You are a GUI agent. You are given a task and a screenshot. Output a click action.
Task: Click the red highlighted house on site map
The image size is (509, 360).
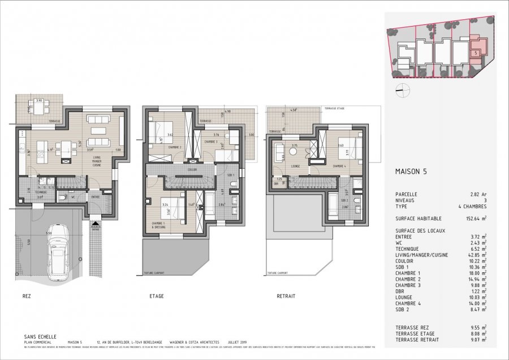[477, 49]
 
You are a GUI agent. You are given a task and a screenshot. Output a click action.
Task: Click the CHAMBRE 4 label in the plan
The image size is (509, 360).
[339, 166]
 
